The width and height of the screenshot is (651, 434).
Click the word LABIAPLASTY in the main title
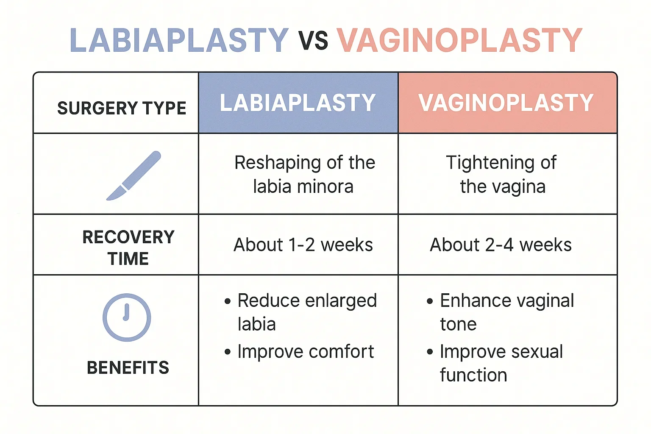[179, 41]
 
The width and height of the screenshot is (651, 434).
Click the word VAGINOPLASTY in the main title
[459, 41]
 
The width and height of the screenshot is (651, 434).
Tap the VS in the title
[313, 41]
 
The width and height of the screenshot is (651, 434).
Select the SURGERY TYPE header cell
[122, 108]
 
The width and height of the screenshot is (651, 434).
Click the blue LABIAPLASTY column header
[298, 103]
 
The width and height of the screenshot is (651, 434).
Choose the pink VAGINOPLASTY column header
[506, 103]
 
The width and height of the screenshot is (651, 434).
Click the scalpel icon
[134, 175]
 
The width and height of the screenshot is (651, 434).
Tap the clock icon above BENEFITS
[127, 317]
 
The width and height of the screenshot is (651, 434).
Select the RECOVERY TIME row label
[128, 248]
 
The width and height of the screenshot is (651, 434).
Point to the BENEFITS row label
[128, 367]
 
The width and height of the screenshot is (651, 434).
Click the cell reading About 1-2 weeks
[303, 245]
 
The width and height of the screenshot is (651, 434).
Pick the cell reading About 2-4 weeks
[501, 245]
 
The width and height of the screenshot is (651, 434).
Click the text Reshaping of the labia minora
[304, 174]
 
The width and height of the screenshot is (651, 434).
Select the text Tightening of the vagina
[502, 174]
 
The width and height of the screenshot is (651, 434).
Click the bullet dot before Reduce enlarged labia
[228, 301]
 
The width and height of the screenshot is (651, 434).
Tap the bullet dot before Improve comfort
[228, 352]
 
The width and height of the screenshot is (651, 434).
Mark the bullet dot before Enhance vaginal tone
[430, 301]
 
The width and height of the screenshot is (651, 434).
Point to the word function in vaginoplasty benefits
[473, 376]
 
